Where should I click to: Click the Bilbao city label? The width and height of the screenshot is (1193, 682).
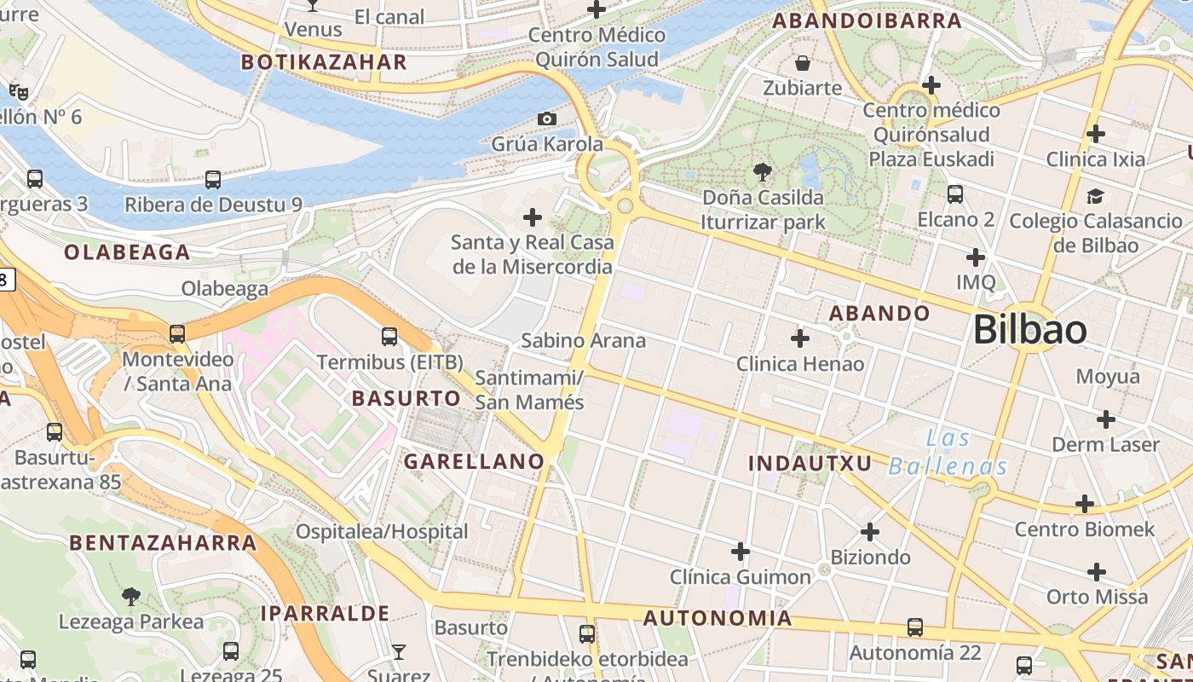coord(1030,330)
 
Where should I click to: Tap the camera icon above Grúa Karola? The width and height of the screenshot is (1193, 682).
coord(547,118)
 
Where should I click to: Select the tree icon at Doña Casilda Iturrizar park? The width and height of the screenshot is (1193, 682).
coord(763,173)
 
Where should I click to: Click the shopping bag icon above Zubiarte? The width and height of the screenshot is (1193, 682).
coord(802,63)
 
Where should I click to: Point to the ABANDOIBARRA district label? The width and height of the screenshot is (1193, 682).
coord(867,21)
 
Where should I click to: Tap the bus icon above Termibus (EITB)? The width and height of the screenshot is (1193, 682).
coord(389,337)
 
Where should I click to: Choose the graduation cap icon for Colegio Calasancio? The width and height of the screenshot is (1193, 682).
coord(1095,197)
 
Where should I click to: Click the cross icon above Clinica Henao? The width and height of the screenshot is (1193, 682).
coord(800,339)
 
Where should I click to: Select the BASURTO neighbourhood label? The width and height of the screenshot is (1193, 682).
coord(406,398)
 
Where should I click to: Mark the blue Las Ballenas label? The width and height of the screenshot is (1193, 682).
coord(948,453)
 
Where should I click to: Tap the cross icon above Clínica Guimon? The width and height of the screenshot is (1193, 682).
coord(741,552)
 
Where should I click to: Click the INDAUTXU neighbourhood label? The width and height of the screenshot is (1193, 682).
coord(810,463)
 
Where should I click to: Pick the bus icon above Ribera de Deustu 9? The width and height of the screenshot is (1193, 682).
coord(213,180)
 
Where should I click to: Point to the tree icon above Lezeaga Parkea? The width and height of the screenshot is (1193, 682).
coord(130,596)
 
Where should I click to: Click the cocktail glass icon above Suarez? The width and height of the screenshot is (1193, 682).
coord(398,652)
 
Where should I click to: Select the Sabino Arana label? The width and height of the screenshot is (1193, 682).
coord(584,341)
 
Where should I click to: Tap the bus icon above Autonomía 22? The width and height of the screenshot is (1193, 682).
coord(915,627)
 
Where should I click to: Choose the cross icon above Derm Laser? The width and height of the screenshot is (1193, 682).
coord(1106,419)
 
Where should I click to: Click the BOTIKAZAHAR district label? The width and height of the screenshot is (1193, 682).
coord(324,62)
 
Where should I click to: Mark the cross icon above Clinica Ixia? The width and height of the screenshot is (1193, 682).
coord(1096,134)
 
